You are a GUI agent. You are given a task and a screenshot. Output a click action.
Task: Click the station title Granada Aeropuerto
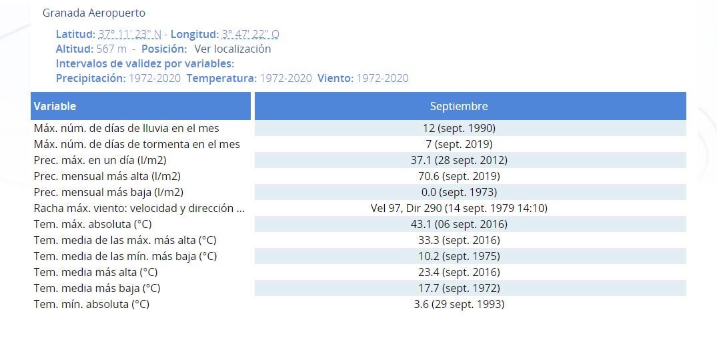[93, 13]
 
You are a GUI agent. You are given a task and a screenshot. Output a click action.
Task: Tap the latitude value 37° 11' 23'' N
[129, 34]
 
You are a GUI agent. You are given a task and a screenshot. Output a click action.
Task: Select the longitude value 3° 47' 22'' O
[250, 34]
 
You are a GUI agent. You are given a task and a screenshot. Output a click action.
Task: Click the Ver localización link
[232, 49]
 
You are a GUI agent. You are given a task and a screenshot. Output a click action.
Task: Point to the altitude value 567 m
[111, 49]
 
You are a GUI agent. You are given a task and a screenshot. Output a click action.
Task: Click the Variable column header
[55, 106]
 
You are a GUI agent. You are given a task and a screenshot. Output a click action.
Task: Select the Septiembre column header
[458, 106]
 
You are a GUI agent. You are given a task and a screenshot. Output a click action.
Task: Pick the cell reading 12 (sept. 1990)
[458, 128]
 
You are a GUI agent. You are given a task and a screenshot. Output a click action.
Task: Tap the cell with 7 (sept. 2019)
[458, 144]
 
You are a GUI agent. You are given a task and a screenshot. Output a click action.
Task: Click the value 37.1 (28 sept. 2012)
[458, 160]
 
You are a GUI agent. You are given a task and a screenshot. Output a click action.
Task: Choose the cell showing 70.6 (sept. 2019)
[458, 176]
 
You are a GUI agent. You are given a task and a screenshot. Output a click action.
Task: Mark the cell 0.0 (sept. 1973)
[458, 192]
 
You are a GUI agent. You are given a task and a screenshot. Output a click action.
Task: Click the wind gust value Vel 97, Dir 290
[458, 208]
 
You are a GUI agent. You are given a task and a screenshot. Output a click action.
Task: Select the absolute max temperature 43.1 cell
[458, 224]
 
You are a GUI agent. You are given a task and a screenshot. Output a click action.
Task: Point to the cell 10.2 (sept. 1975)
[458, 256]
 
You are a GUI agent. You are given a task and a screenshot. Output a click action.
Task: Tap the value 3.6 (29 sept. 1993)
[458, 304]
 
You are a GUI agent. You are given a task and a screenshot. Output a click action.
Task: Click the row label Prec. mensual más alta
[107, 176]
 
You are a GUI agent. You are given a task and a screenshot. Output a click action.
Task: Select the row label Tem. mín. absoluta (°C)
[91, 304]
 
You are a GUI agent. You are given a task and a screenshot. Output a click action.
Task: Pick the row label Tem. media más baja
[97, 288]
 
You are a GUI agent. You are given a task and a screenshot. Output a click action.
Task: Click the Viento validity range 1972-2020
[382, 78]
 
